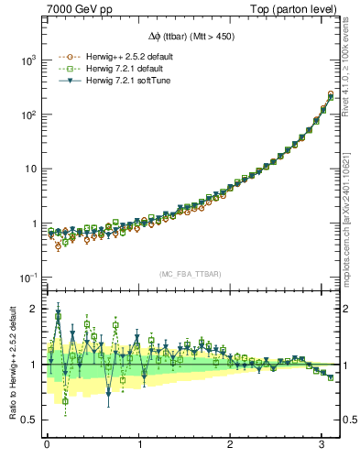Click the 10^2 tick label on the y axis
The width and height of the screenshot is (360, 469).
point(28,115)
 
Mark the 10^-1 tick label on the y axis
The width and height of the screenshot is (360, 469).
point(28,278)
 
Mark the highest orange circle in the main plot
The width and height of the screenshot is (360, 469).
point(330,93)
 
